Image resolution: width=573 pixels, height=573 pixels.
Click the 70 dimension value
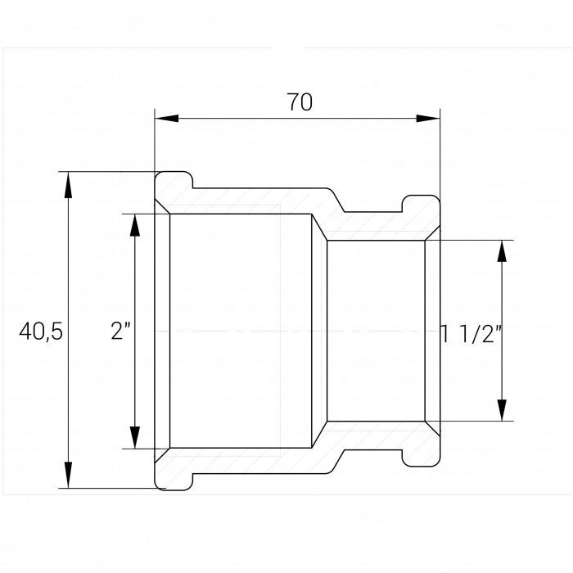coord(300,102)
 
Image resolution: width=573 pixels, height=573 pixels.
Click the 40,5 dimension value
coord(41,332)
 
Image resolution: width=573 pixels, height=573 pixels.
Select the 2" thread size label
coord(121,332)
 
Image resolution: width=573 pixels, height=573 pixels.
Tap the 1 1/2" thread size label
coord(471,334)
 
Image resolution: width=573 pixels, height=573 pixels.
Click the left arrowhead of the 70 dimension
coord(167,119)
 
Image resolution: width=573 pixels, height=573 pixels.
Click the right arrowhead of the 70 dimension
coord(428,119)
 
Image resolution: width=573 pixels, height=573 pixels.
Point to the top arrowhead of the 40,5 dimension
coord(68,184)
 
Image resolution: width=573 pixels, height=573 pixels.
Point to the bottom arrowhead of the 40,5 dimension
coord(68,475)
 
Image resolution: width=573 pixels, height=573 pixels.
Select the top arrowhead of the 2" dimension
coord(135,227)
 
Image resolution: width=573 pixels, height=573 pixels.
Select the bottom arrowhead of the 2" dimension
coord(135,435)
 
